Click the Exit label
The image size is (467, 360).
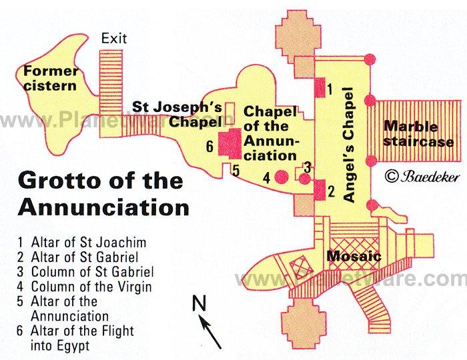(x=114, y=39)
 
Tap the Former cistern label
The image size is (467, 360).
(x=51, y=79)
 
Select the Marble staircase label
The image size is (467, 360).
(x=418, y=134)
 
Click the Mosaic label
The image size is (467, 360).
(x=354, y=256)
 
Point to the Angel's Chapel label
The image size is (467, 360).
(x=348, y=145)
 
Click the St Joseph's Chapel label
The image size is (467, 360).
(x=177, y=114)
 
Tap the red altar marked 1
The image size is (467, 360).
(x=320, y=87)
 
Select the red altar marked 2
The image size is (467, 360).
(x=320, y=190)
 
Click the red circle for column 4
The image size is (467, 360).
(x=281, y=177)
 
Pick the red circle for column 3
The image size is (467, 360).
(x=304, y=179)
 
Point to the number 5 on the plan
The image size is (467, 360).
(x=236, y=171)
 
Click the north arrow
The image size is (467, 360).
(x=211, y=332)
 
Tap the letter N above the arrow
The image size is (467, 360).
(x=199, y=303)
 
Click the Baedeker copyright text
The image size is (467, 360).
(x=422, y=177)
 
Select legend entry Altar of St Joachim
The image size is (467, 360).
(x=81, y=243)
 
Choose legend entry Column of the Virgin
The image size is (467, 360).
(x=84, y=287)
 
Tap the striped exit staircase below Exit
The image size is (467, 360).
(x=111, y=82)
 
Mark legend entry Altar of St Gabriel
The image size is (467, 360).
(x=78, y=257)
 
